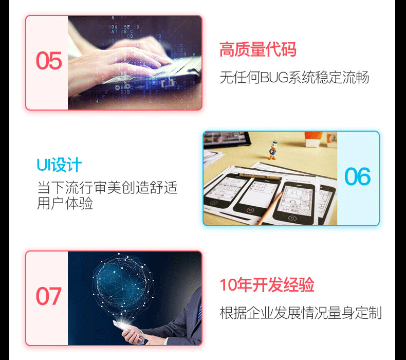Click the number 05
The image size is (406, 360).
point(49,61)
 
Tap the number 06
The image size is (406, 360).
point(357,177)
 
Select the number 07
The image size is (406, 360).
point(49,297)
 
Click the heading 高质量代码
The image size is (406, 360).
point(258,50)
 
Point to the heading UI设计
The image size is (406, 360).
point(59,165)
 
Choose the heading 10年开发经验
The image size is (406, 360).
point(267,285)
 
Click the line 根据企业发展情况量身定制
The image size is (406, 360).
point(301,313)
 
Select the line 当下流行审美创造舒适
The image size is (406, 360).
point(107,187)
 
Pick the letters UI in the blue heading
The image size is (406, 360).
point(43,165)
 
